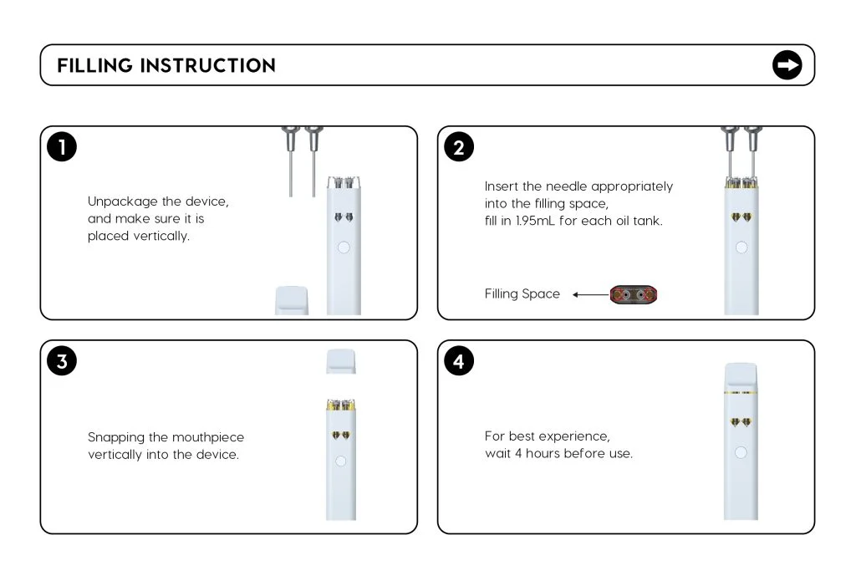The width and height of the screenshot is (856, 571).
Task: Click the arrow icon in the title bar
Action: (787, 65)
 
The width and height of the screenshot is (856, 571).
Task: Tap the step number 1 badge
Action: (62, 147)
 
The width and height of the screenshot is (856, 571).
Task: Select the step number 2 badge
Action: (458, 147)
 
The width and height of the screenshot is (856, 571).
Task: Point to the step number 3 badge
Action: (62, 361)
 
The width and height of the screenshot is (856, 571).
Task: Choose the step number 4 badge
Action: (458, 361)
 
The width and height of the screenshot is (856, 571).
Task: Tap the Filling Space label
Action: (522, 294)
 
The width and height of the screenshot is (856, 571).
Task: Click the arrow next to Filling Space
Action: (590, 294)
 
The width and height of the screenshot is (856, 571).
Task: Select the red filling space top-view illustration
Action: (633, 294)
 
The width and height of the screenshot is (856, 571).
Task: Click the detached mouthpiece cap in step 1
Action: (292, 300)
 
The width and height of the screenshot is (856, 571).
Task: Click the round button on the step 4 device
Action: (740, 452)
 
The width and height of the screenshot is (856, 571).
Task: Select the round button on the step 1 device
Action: (343, 247)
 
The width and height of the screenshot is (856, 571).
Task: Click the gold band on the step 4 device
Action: (740, 391)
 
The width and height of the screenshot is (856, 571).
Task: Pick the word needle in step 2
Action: (568, 186)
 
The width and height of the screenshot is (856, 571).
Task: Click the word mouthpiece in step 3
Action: (208, 437)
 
